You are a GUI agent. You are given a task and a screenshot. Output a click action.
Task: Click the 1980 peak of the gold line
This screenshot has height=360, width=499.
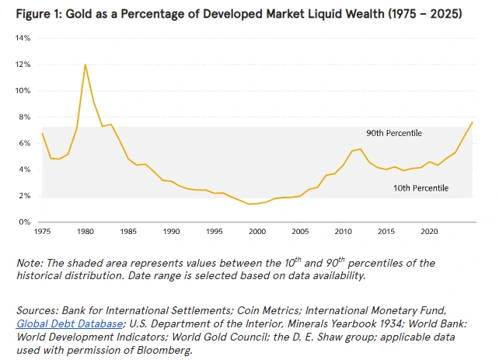point(85,65)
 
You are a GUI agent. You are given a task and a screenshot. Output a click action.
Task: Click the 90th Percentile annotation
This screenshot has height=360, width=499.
point(395,133)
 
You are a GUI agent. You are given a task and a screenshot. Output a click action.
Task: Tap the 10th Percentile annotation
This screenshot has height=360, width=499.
point(421,188)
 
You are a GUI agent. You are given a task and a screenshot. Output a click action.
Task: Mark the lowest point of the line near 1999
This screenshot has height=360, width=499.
point(249,204)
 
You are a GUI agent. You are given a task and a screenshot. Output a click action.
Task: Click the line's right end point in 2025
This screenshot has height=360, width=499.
point(473,122)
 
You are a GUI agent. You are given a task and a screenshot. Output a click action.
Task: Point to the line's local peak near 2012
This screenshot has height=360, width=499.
point(360,149)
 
